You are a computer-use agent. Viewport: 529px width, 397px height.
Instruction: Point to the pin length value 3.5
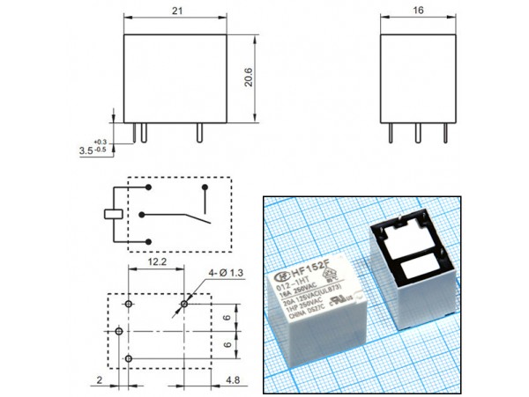click(86, 151)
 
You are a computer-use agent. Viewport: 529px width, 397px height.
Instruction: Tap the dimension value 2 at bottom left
click(100, 381)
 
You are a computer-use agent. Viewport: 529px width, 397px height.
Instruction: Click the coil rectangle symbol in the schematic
click(112, 213)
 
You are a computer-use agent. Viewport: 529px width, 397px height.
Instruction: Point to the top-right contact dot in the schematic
click(205, 187)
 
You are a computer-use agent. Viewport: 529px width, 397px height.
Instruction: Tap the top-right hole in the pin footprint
click(184, 304)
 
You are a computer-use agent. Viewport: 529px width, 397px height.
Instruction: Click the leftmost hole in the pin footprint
click(118, 332)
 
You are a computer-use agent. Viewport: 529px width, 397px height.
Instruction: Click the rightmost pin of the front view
click(198, 131)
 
